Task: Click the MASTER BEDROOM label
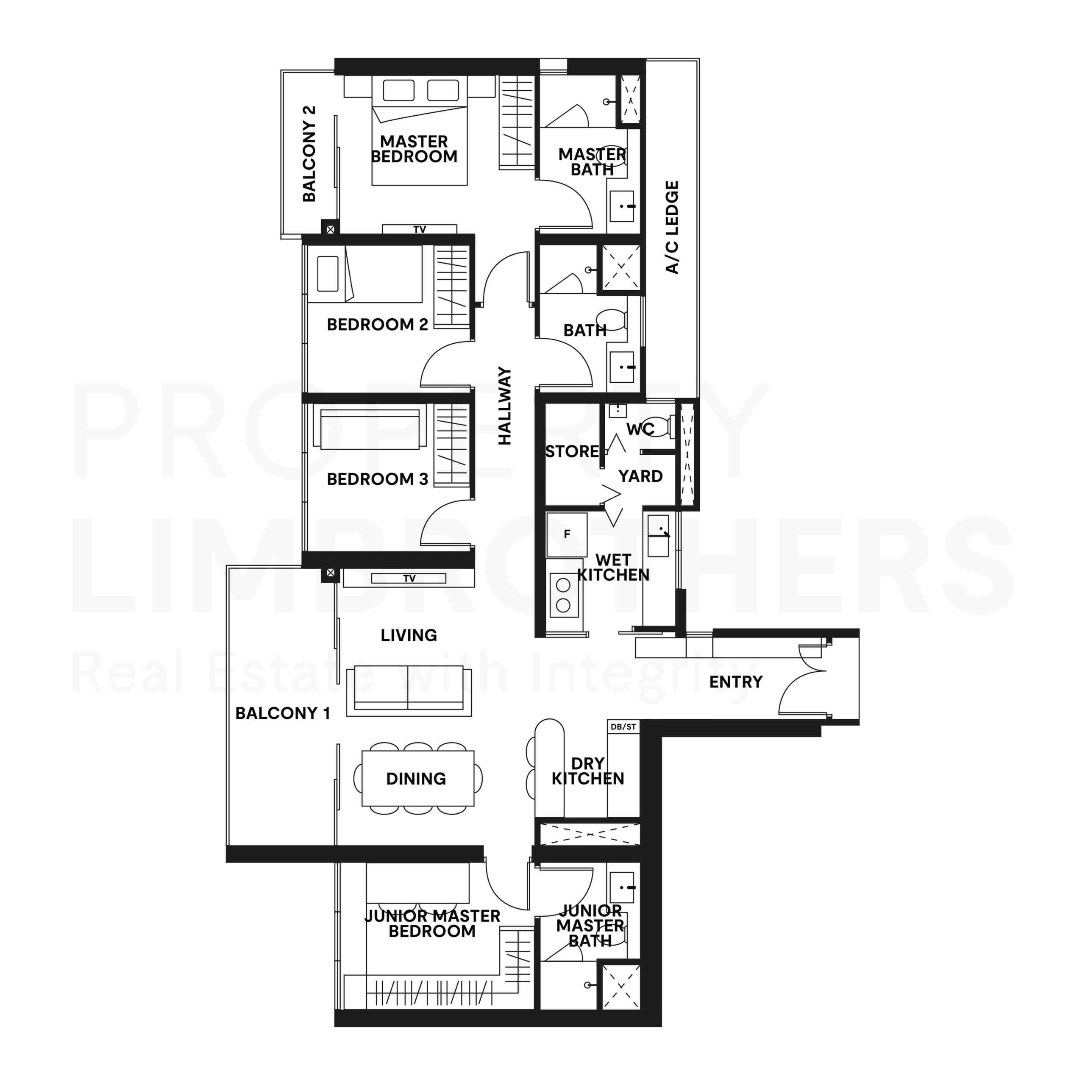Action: [414, 149]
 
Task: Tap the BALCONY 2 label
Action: [309, 153]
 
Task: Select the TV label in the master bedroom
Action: [420, 229]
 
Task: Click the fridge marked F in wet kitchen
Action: [567, 534]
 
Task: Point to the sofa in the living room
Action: [408, 690]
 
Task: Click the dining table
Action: [417, 779]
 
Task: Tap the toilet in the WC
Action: [657, 427]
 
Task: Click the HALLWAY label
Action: [505, 406]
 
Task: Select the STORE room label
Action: [572, 451]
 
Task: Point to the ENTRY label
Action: [736, 682]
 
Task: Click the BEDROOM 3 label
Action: [377, 479]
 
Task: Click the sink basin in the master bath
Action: [622, 206]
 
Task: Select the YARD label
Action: [640, 476]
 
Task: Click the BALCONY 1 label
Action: [283, 713]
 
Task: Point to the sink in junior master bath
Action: [622, 888]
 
